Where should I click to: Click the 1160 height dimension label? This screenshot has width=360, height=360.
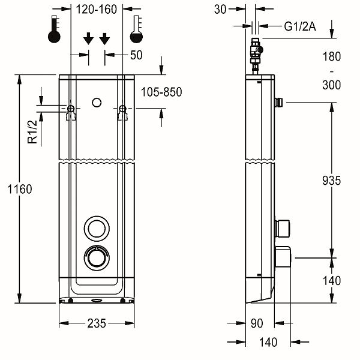point(19,189)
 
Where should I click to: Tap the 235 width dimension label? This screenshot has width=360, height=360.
point(97,323)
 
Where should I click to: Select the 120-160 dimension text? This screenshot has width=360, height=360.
point(96,9)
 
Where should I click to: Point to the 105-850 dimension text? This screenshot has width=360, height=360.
point(161,92)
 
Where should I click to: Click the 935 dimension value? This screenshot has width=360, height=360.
point(331,180)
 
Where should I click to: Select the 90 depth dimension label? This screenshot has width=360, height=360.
point(257,323)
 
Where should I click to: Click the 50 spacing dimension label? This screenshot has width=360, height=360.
point(136,55)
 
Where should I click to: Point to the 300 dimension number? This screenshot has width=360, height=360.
point(331,85)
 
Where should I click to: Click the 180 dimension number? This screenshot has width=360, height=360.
point(331,57)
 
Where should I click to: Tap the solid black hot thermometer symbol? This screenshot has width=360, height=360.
point(55,31)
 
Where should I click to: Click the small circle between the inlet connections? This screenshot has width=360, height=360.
point(97,103)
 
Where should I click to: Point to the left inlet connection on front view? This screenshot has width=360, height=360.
point(71,110)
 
